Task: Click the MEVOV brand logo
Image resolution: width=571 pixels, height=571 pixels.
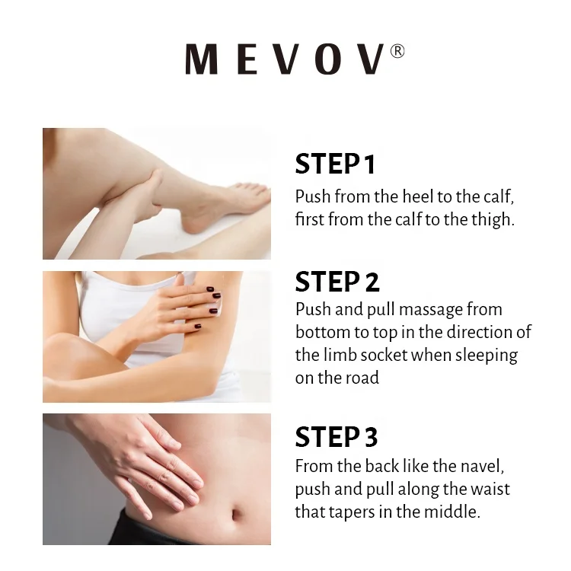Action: coord(285,60)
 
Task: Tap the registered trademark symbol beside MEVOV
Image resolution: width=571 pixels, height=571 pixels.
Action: coord(397,51)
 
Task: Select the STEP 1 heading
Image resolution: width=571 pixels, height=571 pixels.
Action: coord(335,164)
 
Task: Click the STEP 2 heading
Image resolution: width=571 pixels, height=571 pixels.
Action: coord(337,282)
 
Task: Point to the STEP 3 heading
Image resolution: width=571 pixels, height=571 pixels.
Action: coord(336,438)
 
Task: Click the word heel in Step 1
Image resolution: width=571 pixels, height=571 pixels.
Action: coord(414,196)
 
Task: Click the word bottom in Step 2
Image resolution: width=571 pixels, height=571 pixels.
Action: coord(321,333)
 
